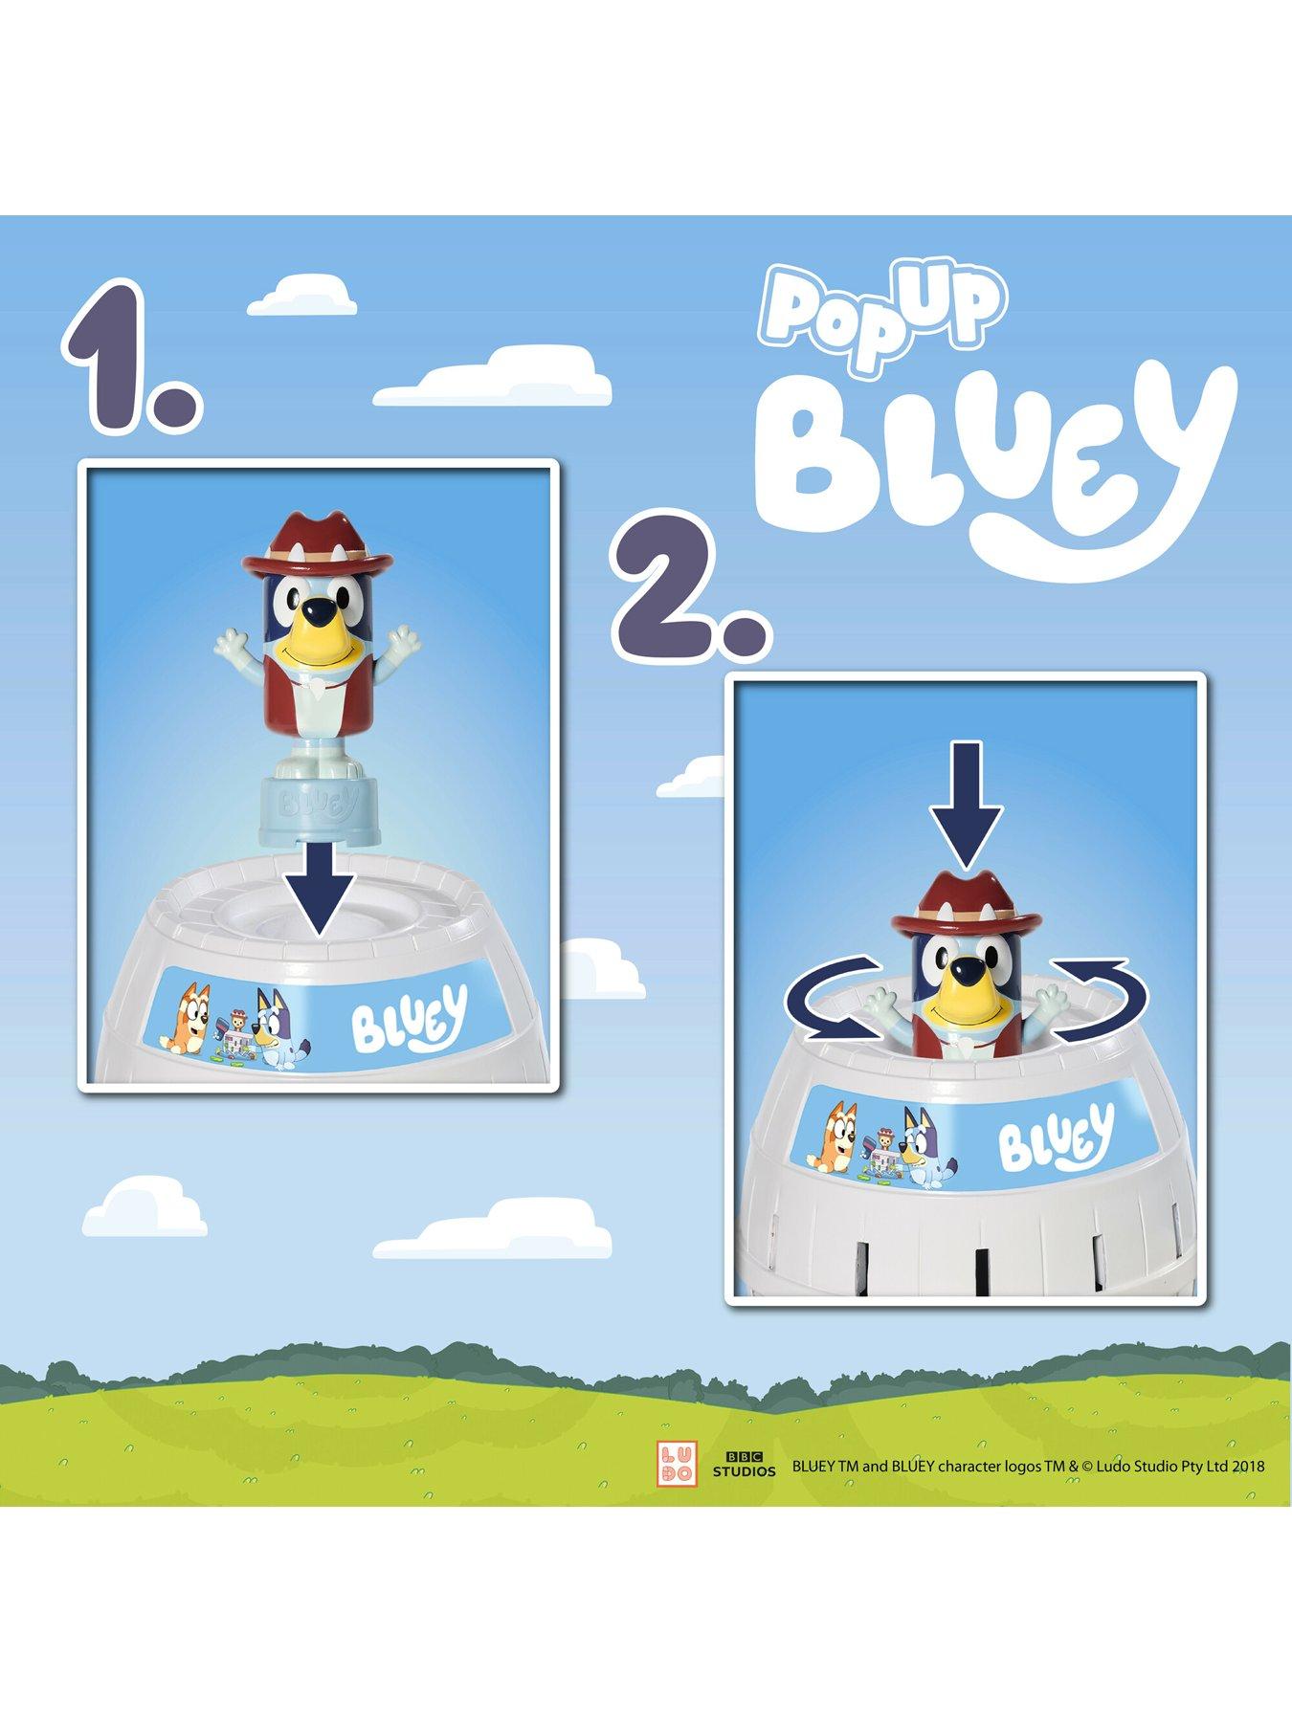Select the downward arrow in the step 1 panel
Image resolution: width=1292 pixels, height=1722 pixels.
(x=317, y=894)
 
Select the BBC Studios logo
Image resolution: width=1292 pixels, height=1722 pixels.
(x=743, y=1467)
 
